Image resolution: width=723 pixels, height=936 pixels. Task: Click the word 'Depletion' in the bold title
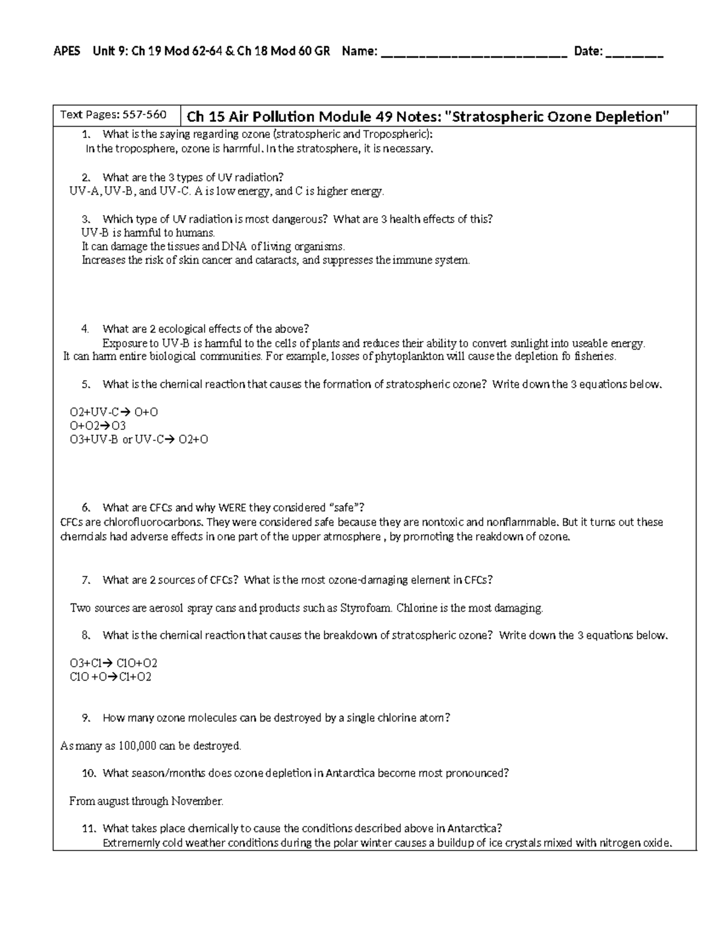(632, 116)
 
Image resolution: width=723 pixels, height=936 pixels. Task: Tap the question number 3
(86, 219)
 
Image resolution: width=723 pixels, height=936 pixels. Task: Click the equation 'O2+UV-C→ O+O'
(114, 412)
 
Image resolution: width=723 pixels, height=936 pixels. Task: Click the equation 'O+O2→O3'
(98, 426)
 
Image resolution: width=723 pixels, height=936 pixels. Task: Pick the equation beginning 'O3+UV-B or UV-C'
(139, 440)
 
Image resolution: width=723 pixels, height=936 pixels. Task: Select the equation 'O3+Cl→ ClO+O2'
(113, 663)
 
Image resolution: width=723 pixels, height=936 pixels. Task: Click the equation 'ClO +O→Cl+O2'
(110, 677)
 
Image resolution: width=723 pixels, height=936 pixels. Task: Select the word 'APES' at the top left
(67, 51)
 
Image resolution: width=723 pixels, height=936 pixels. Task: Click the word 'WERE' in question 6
(232, 507)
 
